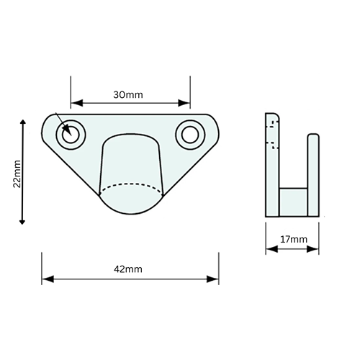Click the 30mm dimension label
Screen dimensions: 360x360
coord(130,94)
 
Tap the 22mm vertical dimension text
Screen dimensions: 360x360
coord(17,174)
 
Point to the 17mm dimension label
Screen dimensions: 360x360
coord(294,239)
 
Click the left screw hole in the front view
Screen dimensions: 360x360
coord(72,133)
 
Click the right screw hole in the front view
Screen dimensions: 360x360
coord(189,134)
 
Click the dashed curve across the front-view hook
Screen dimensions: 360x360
coord(130,186)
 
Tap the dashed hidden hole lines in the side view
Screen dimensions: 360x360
coord(272,134)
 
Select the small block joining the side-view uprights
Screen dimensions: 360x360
coord(293,201)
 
